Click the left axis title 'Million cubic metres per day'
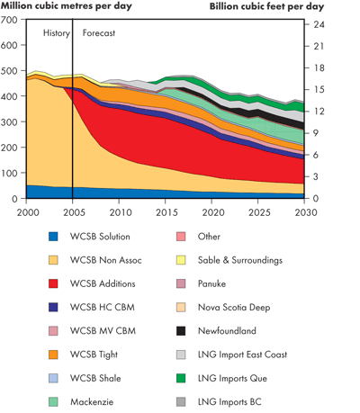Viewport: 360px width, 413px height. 64,6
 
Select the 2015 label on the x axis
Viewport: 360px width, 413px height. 166,211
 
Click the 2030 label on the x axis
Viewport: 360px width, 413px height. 304,211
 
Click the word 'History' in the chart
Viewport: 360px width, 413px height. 56,33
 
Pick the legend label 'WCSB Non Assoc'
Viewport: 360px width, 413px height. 107,260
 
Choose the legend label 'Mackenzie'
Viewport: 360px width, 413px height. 93,400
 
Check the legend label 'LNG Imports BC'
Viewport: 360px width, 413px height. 230,400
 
